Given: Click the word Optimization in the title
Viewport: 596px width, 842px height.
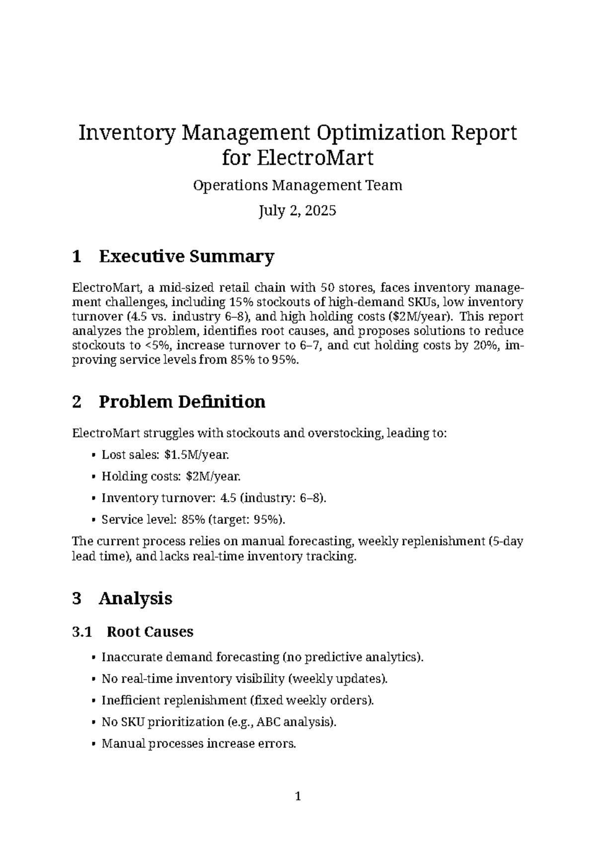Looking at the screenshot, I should tap(377, 133).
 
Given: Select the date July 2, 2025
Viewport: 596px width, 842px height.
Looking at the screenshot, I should tap(298, 211).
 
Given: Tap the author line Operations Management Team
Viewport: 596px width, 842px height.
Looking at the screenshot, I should tap(298, 186).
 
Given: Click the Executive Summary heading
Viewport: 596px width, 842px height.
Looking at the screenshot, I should tap(186, 257).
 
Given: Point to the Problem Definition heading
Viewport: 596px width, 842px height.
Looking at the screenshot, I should tap(182, 402).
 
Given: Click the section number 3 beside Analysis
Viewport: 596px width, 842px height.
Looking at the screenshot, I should tap(76, 598).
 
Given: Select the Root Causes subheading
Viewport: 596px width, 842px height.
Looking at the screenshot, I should tap(150, 632).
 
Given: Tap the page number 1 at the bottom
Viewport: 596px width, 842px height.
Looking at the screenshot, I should tap(298, 797).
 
